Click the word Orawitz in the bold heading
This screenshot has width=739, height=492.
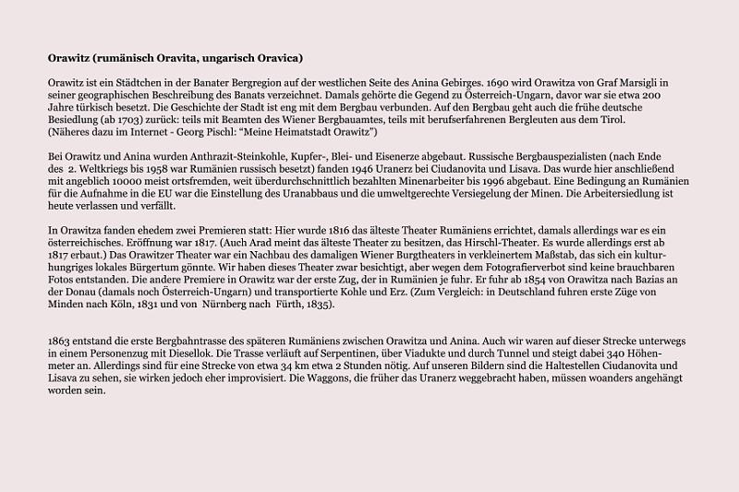click(70, 57)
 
